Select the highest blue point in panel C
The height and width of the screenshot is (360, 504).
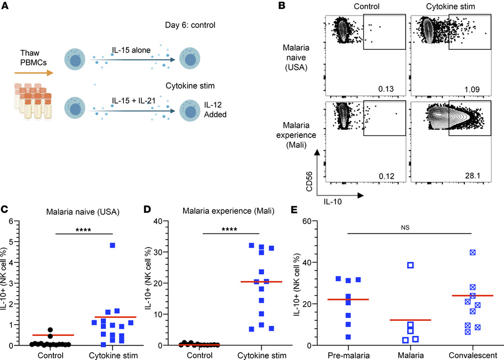[x=113, y=245]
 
